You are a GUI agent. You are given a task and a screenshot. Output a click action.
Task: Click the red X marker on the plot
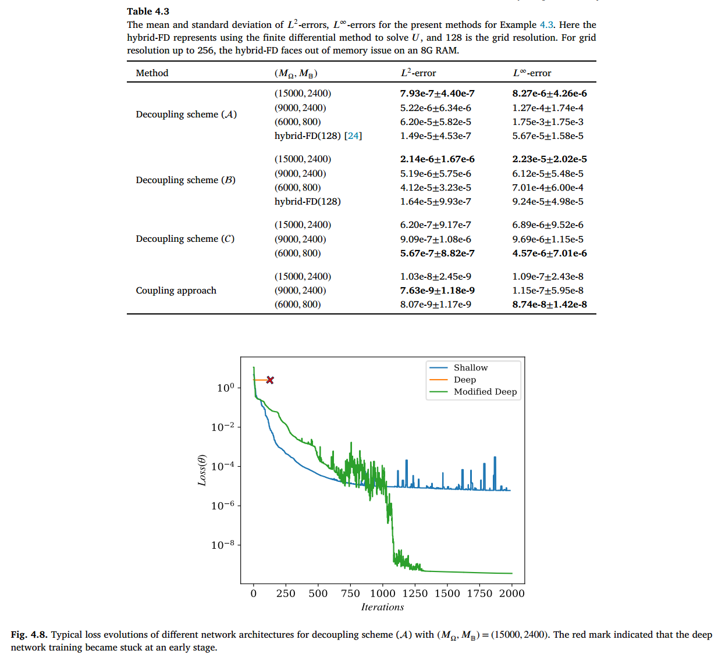(270, 380)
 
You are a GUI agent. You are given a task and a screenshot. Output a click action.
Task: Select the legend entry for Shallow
(470, 368)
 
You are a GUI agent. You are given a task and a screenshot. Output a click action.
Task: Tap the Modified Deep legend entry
(485, 392)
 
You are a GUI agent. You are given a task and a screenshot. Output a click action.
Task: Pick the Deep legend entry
(464, 380)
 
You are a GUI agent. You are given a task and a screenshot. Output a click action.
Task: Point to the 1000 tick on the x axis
(382, 594)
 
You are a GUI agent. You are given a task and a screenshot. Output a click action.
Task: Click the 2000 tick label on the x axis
(511, 594)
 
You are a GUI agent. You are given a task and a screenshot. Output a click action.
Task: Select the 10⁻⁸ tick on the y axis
(223, 545)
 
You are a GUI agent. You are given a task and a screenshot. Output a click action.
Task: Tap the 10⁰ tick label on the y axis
(225, 388)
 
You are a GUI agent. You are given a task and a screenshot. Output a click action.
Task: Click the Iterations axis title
(382, 607)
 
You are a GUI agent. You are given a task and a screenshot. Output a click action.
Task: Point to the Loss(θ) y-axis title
(202, 470)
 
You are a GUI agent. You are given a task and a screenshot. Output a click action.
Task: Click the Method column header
(152, 73)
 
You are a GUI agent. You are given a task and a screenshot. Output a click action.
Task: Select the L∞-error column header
(532, 73)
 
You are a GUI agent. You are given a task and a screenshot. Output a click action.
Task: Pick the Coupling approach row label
(176, 291)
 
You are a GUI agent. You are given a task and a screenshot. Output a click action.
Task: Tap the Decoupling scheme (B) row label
(186, 180)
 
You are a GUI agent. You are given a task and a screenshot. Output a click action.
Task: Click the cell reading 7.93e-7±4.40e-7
(437, 94)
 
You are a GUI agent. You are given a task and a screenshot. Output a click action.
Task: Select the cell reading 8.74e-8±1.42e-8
(549, 305)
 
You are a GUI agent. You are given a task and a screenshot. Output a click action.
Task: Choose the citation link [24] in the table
(353, 136)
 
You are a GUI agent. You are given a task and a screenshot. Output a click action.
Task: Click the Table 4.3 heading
(148, 12)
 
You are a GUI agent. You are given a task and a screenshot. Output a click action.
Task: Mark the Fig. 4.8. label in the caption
(29, 635)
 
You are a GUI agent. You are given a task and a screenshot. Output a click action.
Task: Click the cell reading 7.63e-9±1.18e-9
(437, 291)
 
